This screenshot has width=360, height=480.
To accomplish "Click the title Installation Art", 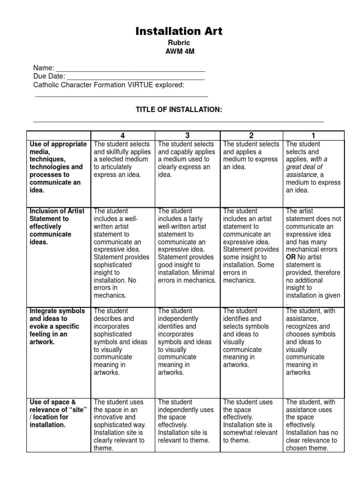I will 179,31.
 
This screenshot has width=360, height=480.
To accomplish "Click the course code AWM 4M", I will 179,52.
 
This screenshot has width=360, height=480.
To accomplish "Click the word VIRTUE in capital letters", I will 143,85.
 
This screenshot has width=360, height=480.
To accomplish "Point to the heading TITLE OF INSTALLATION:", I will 179,109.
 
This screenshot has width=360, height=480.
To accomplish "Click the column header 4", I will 123,135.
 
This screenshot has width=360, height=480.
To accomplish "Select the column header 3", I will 187,135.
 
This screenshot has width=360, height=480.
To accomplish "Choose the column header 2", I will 252,135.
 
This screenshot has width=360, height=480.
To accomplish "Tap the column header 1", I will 314,135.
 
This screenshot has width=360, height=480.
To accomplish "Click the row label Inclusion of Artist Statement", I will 57,226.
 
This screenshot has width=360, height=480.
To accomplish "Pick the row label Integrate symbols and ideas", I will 57,326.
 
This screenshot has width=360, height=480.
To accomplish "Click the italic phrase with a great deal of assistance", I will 307,167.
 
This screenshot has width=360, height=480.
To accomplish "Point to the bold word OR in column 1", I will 291,257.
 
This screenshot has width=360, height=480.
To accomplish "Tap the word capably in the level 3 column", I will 195,152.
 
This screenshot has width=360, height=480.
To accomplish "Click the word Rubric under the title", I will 179,43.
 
